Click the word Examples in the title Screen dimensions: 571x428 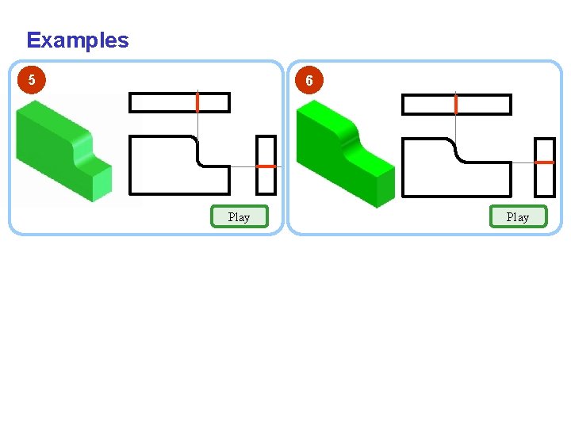(77, 40)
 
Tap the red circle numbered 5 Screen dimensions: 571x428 (31, 79)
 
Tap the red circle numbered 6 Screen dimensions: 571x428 (308, 81)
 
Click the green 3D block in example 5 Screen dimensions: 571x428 (59, 151)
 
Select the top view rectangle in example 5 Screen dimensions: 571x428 (163, 103)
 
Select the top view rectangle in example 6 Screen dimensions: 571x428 (432, 105)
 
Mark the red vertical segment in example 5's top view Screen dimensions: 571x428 (197, 102)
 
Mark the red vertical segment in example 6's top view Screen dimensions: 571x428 (456, 104)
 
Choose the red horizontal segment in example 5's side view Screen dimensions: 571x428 (266, 166)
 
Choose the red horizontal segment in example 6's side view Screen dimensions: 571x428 (545, 162)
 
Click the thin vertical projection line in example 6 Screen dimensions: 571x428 (456, 127)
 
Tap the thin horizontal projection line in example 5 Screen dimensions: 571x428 (243, 166)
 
